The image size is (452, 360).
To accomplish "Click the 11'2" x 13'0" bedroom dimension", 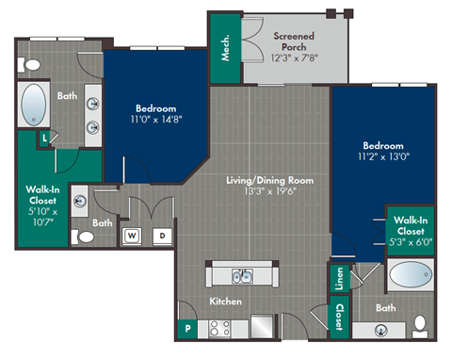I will [383, 158].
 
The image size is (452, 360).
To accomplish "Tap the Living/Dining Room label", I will [269, 179].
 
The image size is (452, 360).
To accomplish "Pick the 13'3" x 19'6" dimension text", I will [269, 191].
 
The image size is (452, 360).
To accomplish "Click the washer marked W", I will [133, 235].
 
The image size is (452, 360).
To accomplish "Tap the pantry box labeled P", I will [187, 329].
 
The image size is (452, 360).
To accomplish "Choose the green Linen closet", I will [338, 277].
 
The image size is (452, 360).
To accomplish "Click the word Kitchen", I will [226, 302].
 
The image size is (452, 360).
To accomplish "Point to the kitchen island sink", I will [244, 276].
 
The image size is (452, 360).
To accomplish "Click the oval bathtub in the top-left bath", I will [35, 106].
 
